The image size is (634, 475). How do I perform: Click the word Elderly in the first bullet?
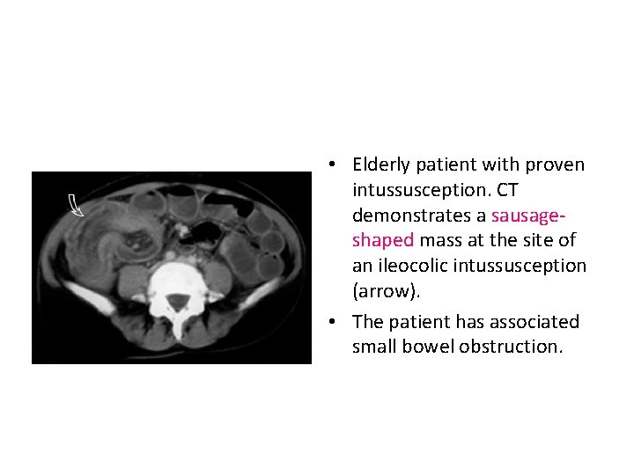(x=381, y=164)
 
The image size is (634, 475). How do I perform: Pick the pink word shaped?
(x=383, y=241)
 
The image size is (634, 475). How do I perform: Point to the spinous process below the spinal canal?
(x=179, y=330)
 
